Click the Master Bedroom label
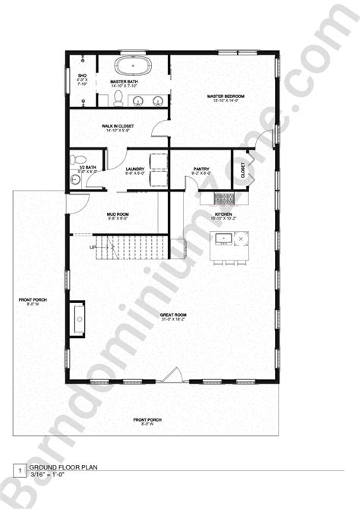[x=227, y=96]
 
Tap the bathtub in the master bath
[x=134, y=65]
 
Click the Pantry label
[x=201, y=170]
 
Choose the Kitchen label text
[x=223, y=215]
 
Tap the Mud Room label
[x=118, y=215]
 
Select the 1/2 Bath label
[x=87, y=169]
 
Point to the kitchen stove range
[x=223, y=200]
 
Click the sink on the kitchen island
[x=224, y=240]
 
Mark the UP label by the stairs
[x=94, y=248]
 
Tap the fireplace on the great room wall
[x=78, y=318]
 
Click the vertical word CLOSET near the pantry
[x=243, y=170]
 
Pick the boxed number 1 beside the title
[x=17, y=471]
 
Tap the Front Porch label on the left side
[x=33, y=302]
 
